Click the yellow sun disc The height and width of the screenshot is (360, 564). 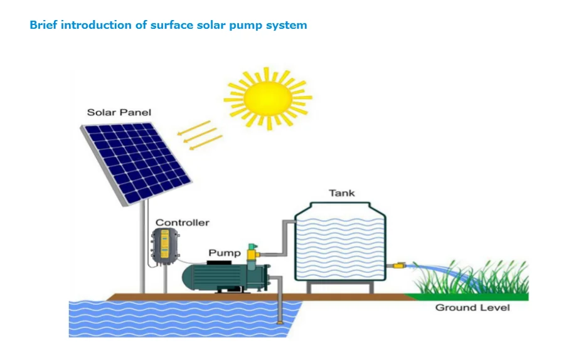[x=267, y=97]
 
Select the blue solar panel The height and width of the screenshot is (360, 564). [x=136, y=162]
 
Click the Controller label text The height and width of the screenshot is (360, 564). [x=182, y=223]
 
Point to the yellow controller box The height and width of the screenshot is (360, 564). [x=165, y=245]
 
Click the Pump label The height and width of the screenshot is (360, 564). [x=225, y=253]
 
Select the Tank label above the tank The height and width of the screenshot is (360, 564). [x=341, y=193]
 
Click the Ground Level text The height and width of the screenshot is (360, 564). [x=472, y=308]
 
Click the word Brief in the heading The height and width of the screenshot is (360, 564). [x=43, y=26]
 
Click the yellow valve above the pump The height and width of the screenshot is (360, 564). [x=253, y=254]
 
